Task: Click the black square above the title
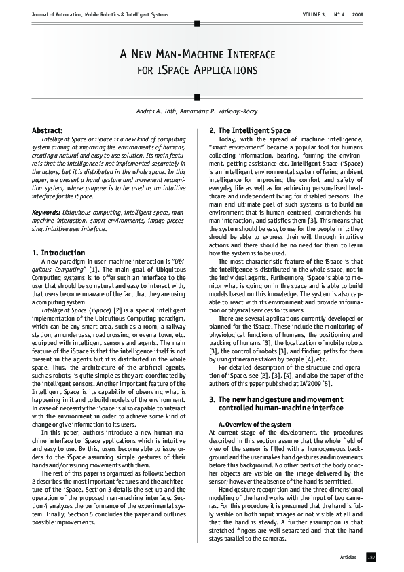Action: (197, 24)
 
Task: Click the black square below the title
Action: (197, 96)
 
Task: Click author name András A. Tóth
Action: (158, 111)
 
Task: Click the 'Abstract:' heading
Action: (48, 130)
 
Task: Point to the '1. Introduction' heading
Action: (59, 253)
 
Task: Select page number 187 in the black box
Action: (371, 557)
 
